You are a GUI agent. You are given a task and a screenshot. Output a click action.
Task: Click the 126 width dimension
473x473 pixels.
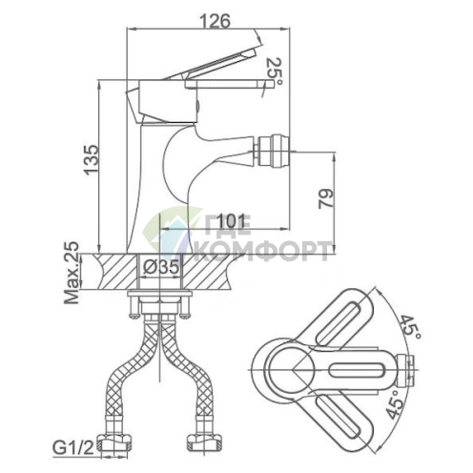click(x=215, y=21)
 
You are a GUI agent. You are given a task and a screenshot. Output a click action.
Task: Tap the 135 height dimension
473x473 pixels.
click(x=92, y=159)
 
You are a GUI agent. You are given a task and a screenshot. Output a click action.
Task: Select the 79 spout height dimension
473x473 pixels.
click(x=326, y=198)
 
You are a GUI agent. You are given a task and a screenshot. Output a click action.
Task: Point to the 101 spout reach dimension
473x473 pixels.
click(x=231, y=221)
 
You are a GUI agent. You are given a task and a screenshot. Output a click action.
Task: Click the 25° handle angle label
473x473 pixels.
click(x=274, y=72)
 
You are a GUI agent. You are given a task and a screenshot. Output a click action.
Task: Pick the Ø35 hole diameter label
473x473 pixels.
click(x=161, y=267)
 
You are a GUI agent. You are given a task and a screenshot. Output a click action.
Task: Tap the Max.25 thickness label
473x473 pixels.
click(x=72, y=273)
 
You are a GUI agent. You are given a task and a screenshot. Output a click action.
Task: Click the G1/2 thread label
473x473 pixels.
click(x=73, y=448)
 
